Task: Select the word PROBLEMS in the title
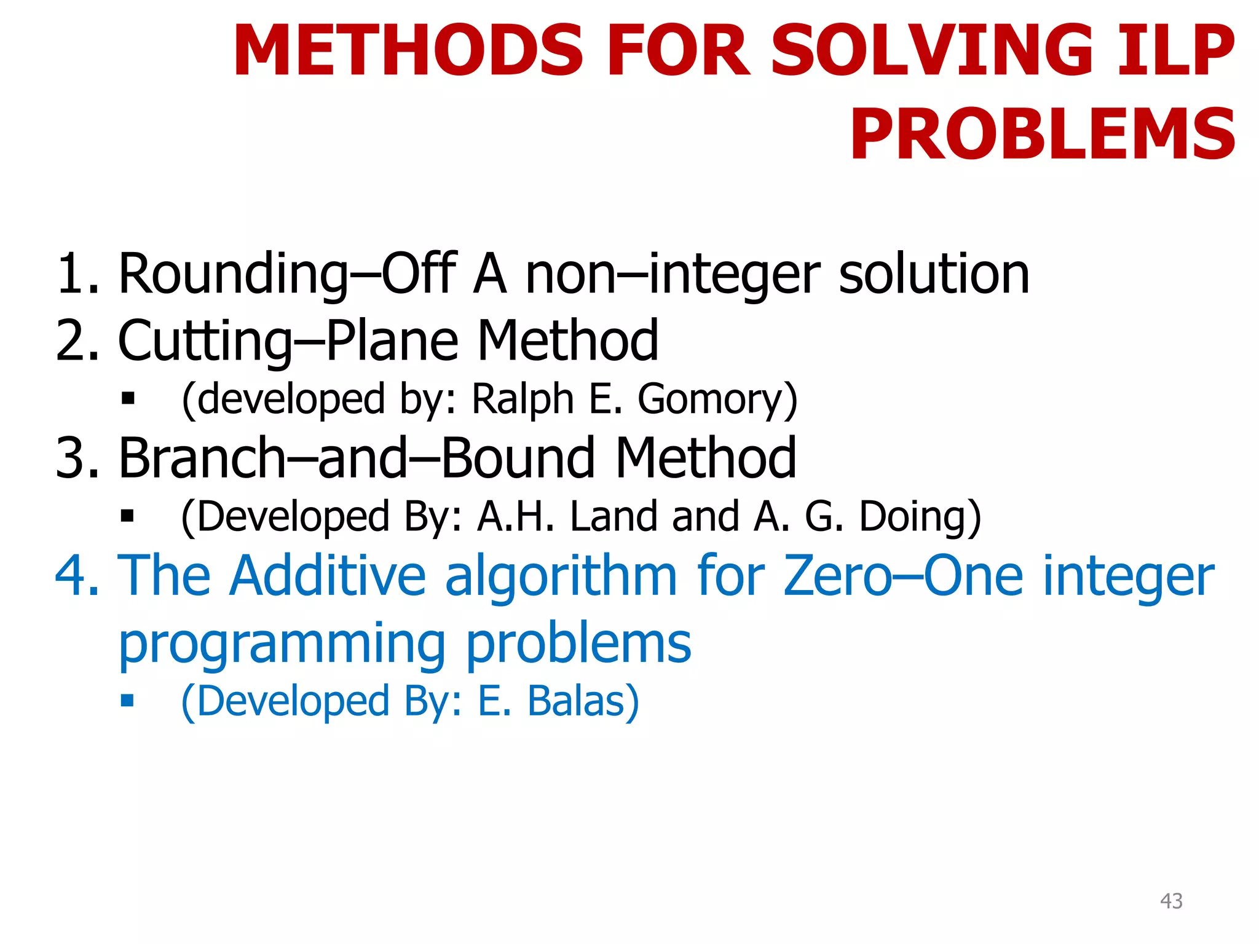pyautogui.click(x=1042, y=134)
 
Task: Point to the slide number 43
pyautogui.click(x=1170, y=901)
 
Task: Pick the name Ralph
pyautogui.click(x=522, y=399)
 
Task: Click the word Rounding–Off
pyautogui.click(x=286, y=275)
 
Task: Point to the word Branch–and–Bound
pyautogui.click(x=357, y=458)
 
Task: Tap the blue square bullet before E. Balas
pyautogui.click(x=127, y=700)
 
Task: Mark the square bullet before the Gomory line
pyautogui.click(x=127, y=399)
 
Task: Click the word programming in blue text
pyautogui.click(x=282, y=644)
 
